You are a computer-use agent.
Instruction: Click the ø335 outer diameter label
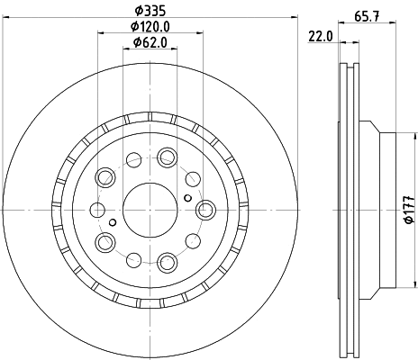pyautogui.click(x=149, y=10)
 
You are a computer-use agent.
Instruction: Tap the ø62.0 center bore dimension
pyautogui.click(x=149, y=42)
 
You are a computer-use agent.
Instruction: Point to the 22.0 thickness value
pyautogui.click(x=321, y=36)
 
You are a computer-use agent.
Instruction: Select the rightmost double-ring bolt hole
pyautogui.click(x=204, y=209)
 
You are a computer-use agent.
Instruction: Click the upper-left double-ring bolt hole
pyautogui.click(x=104, y=175)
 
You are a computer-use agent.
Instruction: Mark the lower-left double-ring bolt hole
pyautogui.click(x=104, y=241)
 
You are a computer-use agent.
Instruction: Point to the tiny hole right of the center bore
pyautogui.click(x=186, y=198)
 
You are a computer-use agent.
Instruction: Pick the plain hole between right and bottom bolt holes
pyautogui.click(x=193, y=241)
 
